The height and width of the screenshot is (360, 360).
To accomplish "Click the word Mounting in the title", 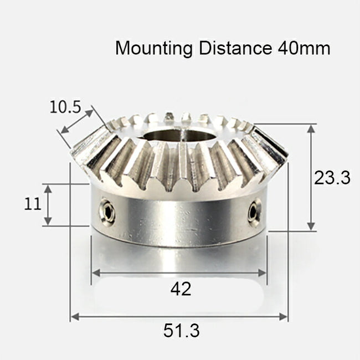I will tap(153, 48).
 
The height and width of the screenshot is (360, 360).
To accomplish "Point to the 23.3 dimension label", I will tap(332, 178).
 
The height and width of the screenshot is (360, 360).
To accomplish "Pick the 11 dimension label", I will tap(33, 204).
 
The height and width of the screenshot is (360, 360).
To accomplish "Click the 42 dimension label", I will tap(181, 289).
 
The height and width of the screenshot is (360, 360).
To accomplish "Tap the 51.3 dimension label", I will tap(181, 331).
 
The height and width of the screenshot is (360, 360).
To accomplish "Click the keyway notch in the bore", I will tap(183, 131).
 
